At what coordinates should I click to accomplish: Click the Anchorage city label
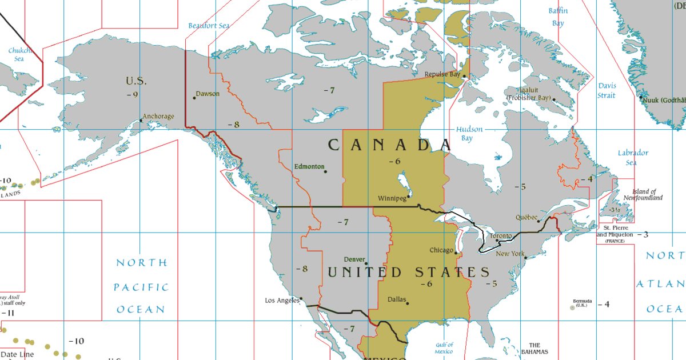tap(158, 117)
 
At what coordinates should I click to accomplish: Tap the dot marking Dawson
tap(194, 98)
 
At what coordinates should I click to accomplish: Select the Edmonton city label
tap(309, 166)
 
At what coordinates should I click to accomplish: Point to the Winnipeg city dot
tap(409, 196)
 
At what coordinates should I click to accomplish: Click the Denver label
tap(354, 259)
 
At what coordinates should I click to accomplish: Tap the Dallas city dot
tap(408, 303)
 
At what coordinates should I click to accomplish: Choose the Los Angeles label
tap(282, 300)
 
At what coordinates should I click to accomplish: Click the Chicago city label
tap(441, 250)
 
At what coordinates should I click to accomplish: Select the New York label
tap(510, 254)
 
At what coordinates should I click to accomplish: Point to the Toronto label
tap(501, 236)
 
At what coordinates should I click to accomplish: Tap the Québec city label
tap(527, 217)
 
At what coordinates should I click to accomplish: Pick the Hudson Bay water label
tap(469, 134)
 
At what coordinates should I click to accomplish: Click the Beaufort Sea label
tap(209, 26)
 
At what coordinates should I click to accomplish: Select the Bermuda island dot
tap(572, 307)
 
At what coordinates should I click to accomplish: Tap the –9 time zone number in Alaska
tap(133, 94)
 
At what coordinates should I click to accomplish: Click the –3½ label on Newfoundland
tap(614, 210)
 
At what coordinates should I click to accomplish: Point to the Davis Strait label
tap(607, 90)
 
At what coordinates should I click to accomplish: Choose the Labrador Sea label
tap(633, 157)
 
